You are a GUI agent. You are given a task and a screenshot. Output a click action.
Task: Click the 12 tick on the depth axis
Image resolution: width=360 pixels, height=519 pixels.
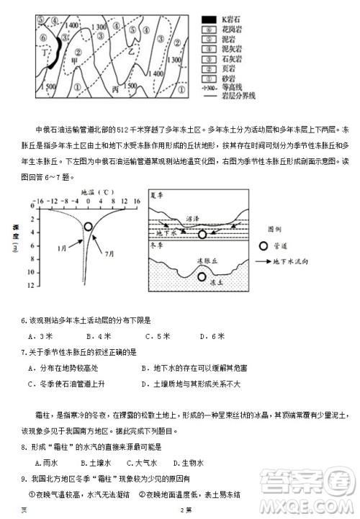(31, 286)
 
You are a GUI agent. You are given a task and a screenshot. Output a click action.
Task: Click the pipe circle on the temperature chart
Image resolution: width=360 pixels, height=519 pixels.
(88, 226)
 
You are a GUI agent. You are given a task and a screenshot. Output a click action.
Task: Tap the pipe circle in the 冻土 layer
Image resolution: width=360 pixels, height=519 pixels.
(202, 276)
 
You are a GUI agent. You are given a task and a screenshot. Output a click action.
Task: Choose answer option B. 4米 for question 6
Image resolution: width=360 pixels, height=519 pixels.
(94, 335)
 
